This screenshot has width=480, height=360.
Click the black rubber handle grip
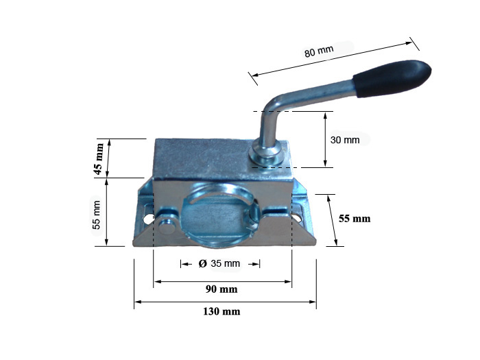(x=392, y=79)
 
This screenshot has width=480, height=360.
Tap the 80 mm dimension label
(x=319, y=51)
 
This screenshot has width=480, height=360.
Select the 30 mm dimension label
(x=345, y=140)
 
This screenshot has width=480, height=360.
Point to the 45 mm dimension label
(x=99, y=158)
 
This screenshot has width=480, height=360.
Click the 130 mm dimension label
(x=221, y=311)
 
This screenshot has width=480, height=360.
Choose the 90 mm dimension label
(x=221, y=289)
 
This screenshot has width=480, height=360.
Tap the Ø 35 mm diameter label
(x=219, y=263)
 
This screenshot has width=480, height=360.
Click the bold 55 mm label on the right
(x=355, y=219)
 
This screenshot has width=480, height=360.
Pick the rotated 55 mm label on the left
(x=97, y=215)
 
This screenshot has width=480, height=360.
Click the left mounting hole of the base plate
(x=149, y=218)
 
